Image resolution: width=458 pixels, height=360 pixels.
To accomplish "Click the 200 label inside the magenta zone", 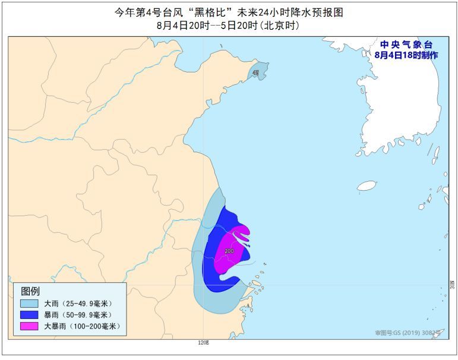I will (229, 251).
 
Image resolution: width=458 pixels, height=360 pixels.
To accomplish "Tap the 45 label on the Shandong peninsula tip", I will (255, 72).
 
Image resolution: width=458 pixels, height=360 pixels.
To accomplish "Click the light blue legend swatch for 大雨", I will (29, 303).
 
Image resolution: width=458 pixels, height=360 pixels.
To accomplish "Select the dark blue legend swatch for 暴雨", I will (29, 314).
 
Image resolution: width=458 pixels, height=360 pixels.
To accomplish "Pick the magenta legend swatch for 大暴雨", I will (29, 326).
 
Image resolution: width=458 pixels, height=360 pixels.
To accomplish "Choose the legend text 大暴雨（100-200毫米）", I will (82, 326).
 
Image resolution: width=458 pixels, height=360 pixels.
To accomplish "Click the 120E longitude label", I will (203, 343).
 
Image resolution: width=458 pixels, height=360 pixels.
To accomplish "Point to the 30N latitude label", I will (451, 285).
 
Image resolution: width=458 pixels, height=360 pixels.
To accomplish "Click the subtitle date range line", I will (228, 26).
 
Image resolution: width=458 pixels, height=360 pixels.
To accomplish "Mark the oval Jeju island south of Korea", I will (367, 186).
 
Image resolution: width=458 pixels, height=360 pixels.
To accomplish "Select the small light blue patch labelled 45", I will (258, 75).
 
